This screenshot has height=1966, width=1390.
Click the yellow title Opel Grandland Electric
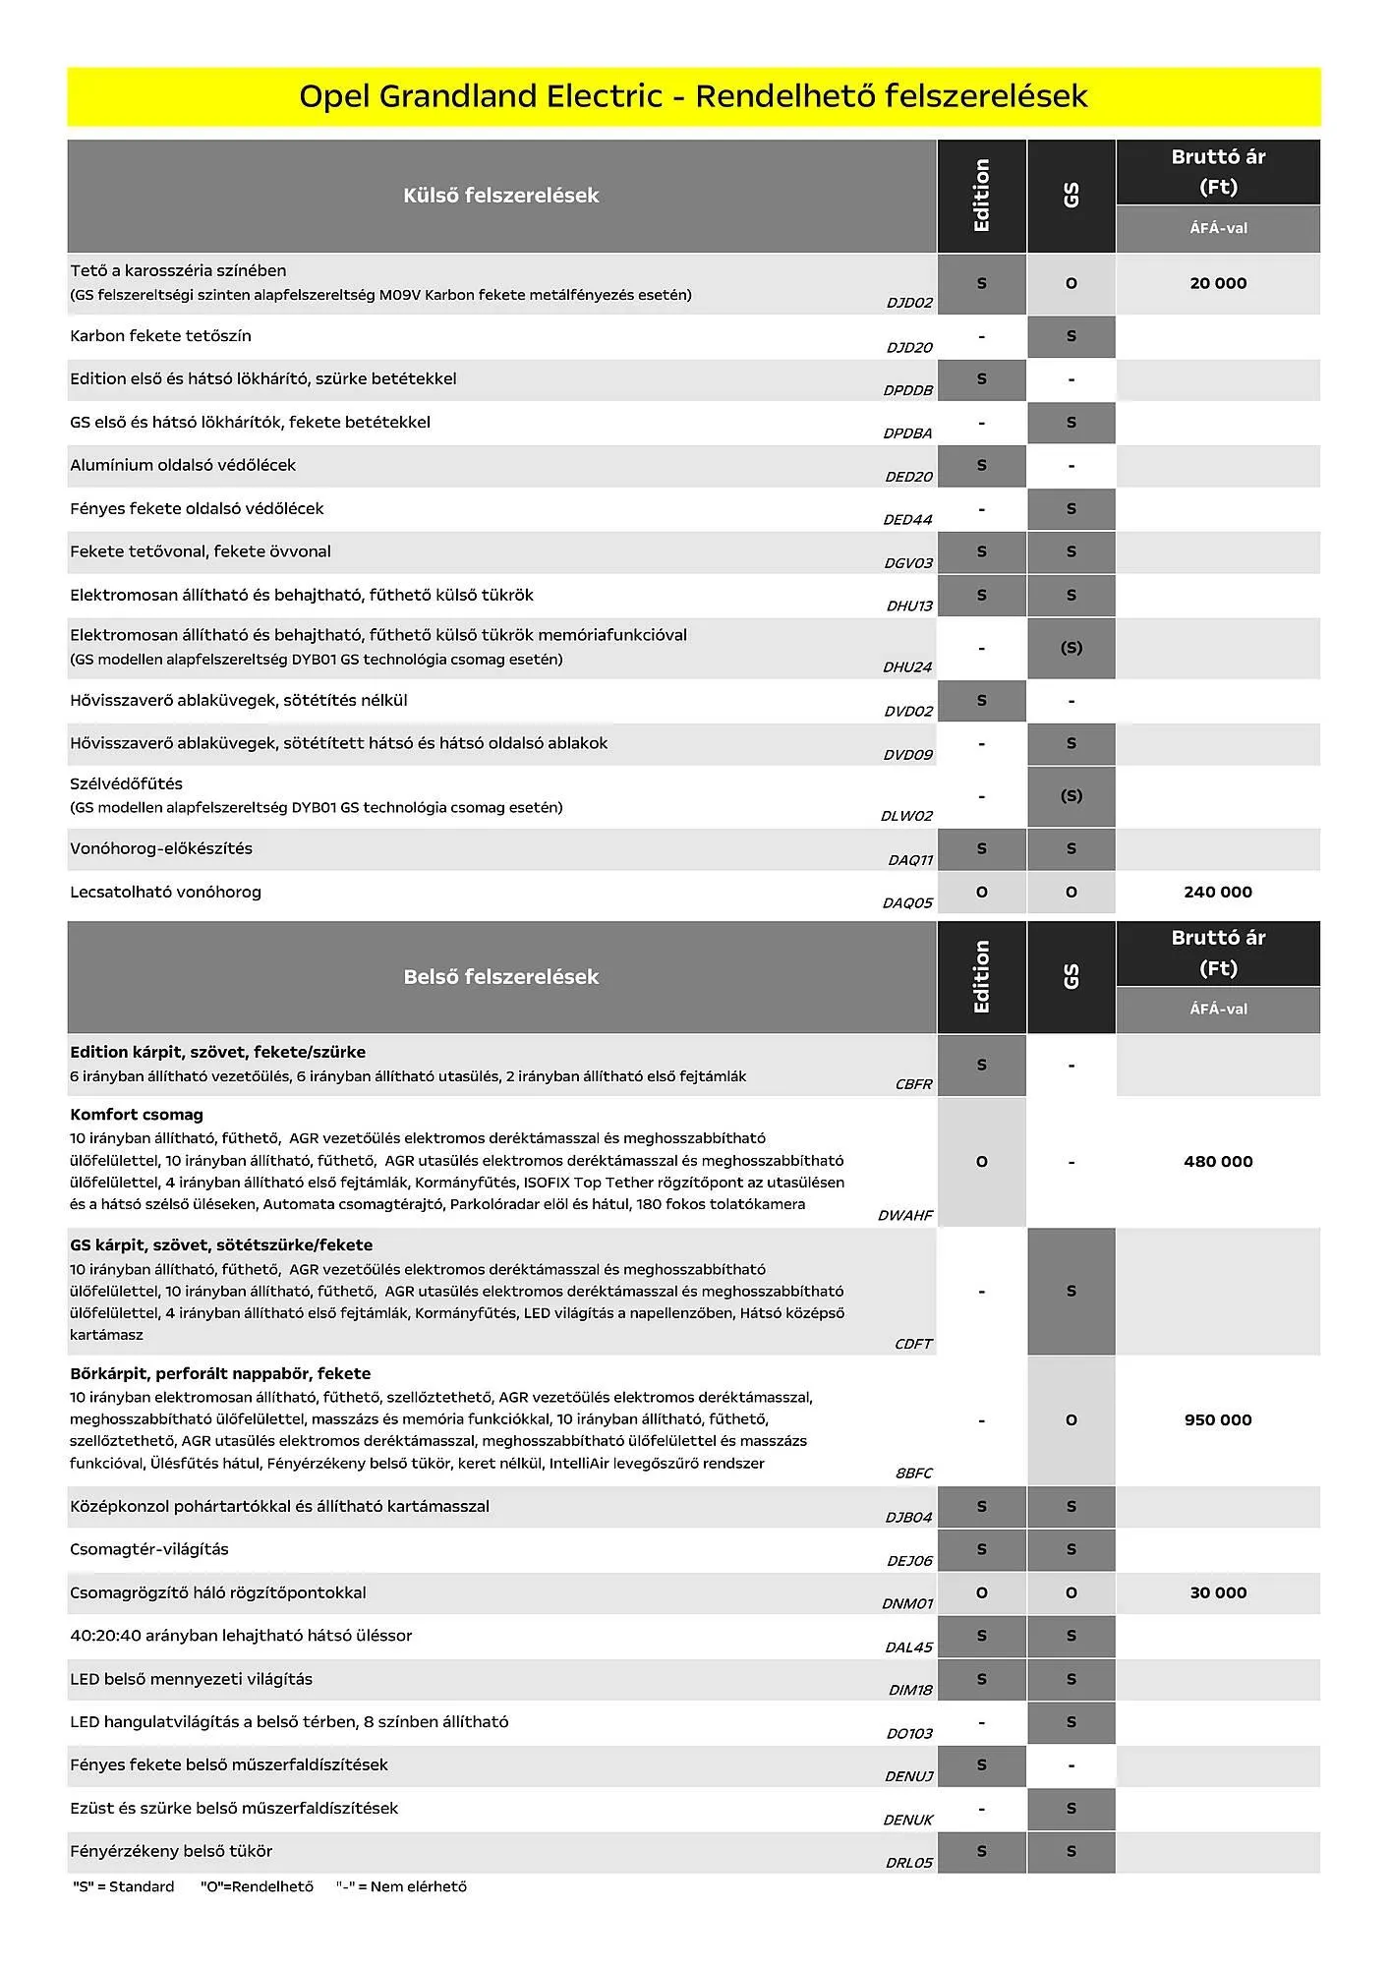(693, 96)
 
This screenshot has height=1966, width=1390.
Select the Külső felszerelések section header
(500, 196)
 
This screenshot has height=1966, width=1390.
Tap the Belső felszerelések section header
(500, 977)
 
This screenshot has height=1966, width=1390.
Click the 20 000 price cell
(1217, 283)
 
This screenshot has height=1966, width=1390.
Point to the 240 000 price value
(1217, 893)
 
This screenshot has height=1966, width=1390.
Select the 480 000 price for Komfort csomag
(1217, 1162)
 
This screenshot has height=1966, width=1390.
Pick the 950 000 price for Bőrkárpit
(1217, 1420)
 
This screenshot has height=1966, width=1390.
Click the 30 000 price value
(1217, 1593)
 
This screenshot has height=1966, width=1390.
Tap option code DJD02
(909, 303)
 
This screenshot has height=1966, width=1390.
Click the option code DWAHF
(905, 1216)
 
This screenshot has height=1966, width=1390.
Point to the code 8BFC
(913, 1474)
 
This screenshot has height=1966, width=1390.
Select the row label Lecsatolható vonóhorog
(165, 893)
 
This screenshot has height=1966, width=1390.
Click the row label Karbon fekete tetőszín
(160, 336)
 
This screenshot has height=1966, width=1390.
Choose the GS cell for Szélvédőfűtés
(1071, 796)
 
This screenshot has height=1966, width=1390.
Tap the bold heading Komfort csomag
(137, 1115)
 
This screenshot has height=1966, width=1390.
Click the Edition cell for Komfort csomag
(981, 1162)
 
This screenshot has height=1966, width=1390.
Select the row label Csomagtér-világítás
(148, 1550)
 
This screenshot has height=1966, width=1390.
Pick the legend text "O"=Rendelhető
(257, 1886)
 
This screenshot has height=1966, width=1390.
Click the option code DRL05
(908, 1863)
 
